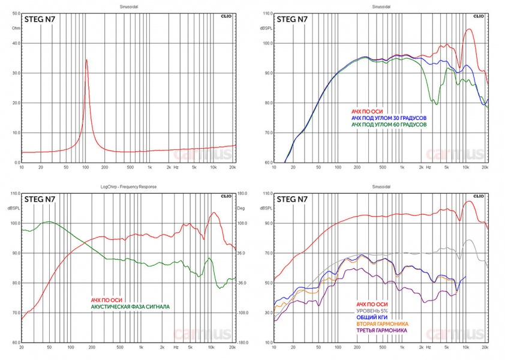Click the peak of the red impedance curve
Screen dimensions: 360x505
[86, 59]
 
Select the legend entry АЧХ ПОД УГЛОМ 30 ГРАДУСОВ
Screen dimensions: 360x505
[389, 118]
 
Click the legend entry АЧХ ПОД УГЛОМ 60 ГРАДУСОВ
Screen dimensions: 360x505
[389, 125]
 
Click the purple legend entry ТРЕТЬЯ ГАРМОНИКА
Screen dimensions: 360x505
[383, 331]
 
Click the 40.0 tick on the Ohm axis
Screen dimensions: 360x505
[16, 43]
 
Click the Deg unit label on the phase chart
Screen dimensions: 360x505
[241, 208]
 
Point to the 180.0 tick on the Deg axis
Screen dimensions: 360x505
[242, 194]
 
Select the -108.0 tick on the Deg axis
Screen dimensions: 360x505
[243, 313]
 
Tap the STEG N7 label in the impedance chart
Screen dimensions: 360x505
[39, 19]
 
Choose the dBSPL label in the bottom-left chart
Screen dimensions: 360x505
[13, 208]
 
